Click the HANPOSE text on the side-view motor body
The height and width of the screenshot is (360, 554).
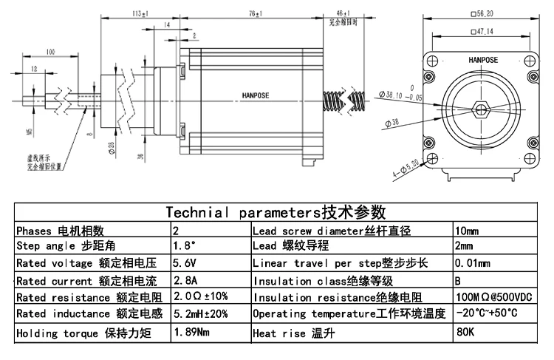coord(256,95)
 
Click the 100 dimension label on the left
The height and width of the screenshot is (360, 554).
coord(50,52)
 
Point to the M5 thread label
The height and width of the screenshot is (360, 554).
coord(29,133)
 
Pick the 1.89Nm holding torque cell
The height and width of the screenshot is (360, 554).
coord(191,333)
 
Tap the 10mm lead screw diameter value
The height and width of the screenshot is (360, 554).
coord(468,230)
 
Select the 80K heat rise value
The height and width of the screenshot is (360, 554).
coord(465,333)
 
